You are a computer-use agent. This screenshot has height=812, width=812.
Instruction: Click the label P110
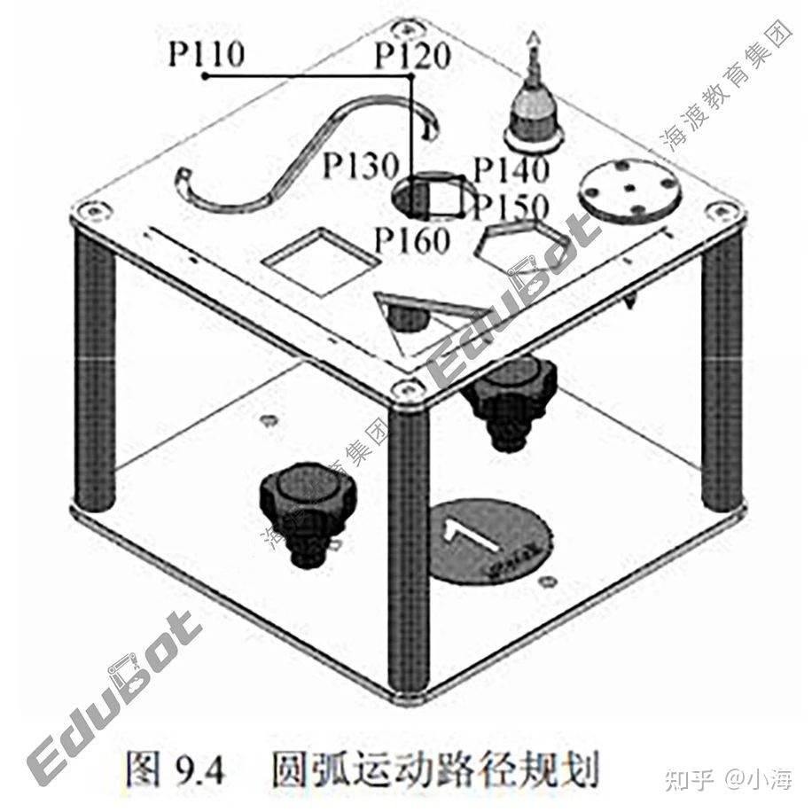coord(206,55)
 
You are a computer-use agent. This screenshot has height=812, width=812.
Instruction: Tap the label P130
coord(360,166)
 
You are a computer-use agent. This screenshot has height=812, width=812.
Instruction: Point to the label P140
coord(511,168)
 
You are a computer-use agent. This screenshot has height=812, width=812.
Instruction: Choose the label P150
coord(511,207)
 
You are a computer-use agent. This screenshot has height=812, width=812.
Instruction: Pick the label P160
coord(411,239)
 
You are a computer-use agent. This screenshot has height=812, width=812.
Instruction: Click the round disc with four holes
coord(629,191)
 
